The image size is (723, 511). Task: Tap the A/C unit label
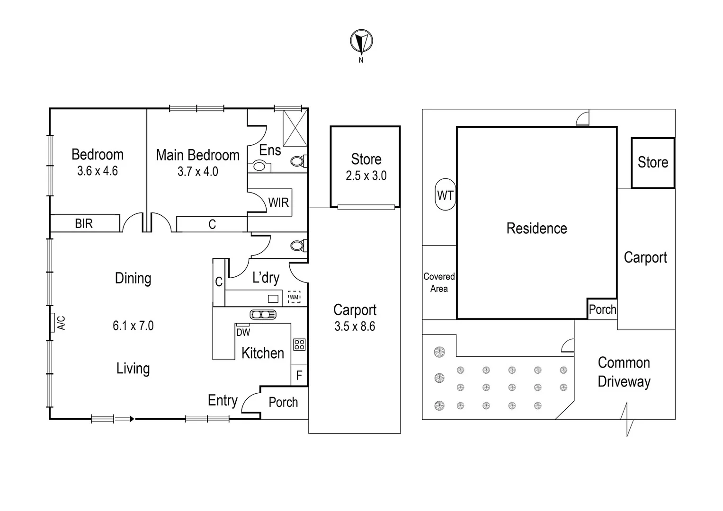tap(61, 323)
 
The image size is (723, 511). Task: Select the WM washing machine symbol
tap(294, 298)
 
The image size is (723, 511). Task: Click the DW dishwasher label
tap(243, 332)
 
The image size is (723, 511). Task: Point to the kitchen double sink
tap(263, 315)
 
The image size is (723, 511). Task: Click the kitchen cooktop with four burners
tap(299, 344)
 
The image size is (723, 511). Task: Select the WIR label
tap(278, 203)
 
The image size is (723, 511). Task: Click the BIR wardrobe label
tap(84, 223)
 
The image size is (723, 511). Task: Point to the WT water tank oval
tap(445, 195)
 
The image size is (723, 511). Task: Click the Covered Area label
tap(439, 282)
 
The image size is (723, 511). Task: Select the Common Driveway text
tap(624, 372)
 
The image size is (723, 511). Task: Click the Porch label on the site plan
tap(602, 309)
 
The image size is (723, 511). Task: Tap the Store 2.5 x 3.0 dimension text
tap(366, 176)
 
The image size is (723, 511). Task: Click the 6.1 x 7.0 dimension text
tap(133, 326)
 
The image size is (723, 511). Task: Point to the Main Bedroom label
tap(197, 155)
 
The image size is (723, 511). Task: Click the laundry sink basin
tap(273, 299)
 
